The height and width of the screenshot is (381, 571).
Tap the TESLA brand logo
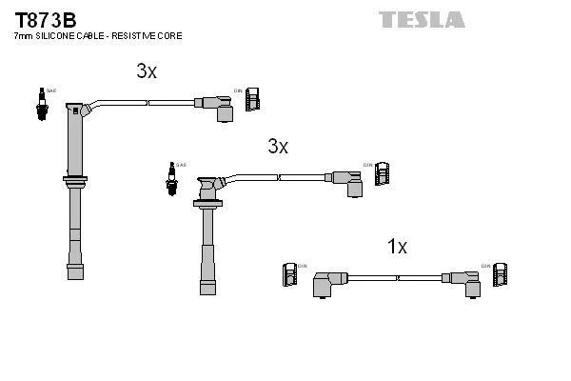point(421,19)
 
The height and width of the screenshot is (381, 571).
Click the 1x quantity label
point(397,247)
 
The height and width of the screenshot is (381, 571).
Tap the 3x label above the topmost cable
point(146,71)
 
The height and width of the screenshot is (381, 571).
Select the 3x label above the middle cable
point(277,146)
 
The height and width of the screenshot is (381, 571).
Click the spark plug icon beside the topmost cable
point(40,103)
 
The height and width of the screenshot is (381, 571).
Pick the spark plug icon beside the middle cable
point(173,178)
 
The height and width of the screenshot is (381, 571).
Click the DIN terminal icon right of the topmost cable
point(252,99)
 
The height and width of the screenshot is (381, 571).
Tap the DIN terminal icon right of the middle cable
point(382,173)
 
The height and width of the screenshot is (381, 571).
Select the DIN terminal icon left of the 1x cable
point(290,273)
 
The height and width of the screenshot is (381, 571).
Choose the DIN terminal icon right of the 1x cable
point(500,273)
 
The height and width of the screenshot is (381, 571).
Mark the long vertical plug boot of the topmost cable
point(74,190)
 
